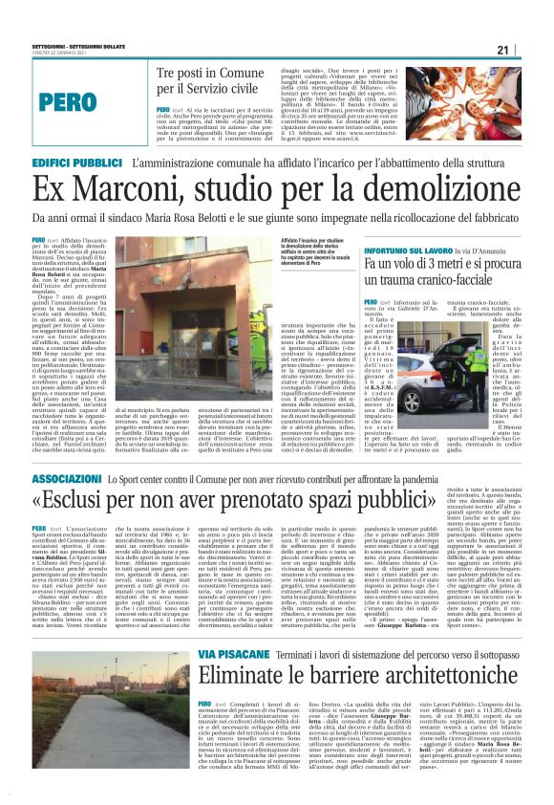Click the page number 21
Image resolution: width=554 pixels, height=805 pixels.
[528, 50]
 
